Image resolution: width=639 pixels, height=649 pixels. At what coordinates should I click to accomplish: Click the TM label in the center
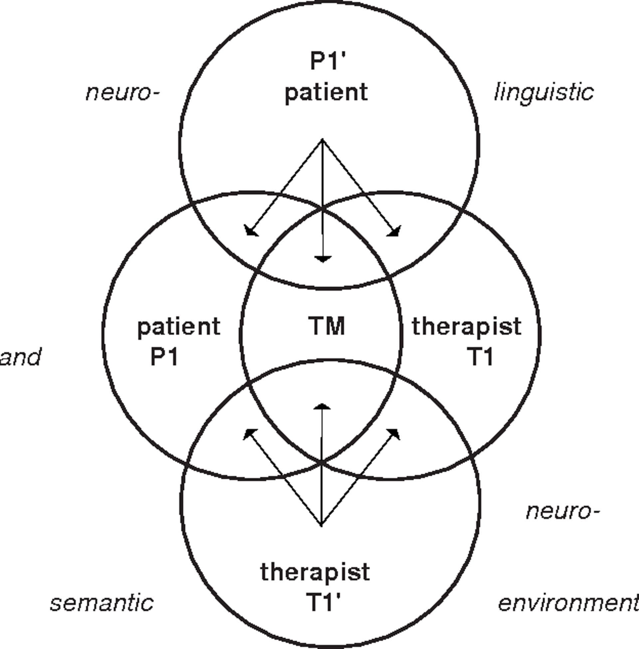point(326,326)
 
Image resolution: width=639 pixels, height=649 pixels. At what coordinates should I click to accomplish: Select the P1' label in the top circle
point(327,62)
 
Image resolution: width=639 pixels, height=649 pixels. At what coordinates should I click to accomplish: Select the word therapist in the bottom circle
point(315,572)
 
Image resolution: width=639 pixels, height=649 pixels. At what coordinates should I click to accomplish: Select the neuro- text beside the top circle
point(122,92)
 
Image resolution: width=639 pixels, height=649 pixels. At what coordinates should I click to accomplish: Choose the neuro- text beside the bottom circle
point(562,512)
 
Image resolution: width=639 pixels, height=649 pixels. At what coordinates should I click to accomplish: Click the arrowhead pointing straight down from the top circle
point(323,259)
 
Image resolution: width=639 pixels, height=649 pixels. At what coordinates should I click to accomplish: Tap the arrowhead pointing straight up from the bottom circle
point(322,407)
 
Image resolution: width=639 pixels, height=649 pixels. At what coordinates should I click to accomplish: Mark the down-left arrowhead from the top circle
point(250,231)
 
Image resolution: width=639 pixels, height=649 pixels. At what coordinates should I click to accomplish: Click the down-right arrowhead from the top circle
point(395,231)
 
